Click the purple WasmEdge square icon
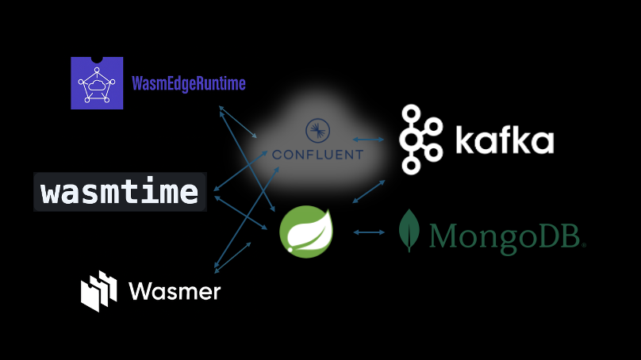tap(98, 82)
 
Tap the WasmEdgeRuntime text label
tap(188, 83)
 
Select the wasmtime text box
tap(120, 192)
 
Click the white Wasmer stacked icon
tap(99, 291)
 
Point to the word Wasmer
tap(175, 291)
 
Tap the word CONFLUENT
tap(317, 153)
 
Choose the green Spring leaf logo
tap(307, 232)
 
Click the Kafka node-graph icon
tap(420, 140)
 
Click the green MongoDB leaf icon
tap(409, 231)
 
